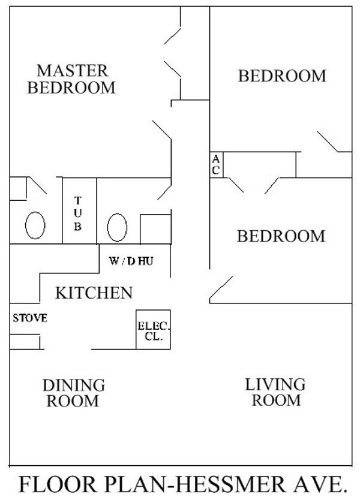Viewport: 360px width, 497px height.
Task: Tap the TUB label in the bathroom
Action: pos(79,214)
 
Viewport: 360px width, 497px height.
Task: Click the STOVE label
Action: pos(30,318)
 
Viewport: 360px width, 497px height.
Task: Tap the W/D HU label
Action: pos(135,262)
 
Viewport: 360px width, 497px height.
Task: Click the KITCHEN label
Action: pos(94,293)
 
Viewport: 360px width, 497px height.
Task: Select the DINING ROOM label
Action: pos(73,393)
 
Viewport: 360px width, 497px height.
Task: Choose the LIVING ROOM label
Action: pos(275,391)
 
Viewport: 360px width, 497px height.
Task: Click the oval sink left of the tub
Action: pos(35,227)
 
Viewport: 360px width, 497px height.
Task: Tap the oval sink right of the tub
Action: pos(117,228)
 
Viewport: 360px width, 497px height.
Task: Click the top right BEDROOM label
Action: pos(282,77)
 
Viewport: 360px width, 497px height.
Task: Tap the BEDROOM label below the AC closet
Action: pos(281,236)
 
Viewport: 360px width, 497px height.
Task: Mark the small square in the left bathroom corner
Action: pos(18,189)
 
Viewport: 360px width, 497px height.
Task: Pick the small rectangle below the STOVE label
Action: pos(25,342)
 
